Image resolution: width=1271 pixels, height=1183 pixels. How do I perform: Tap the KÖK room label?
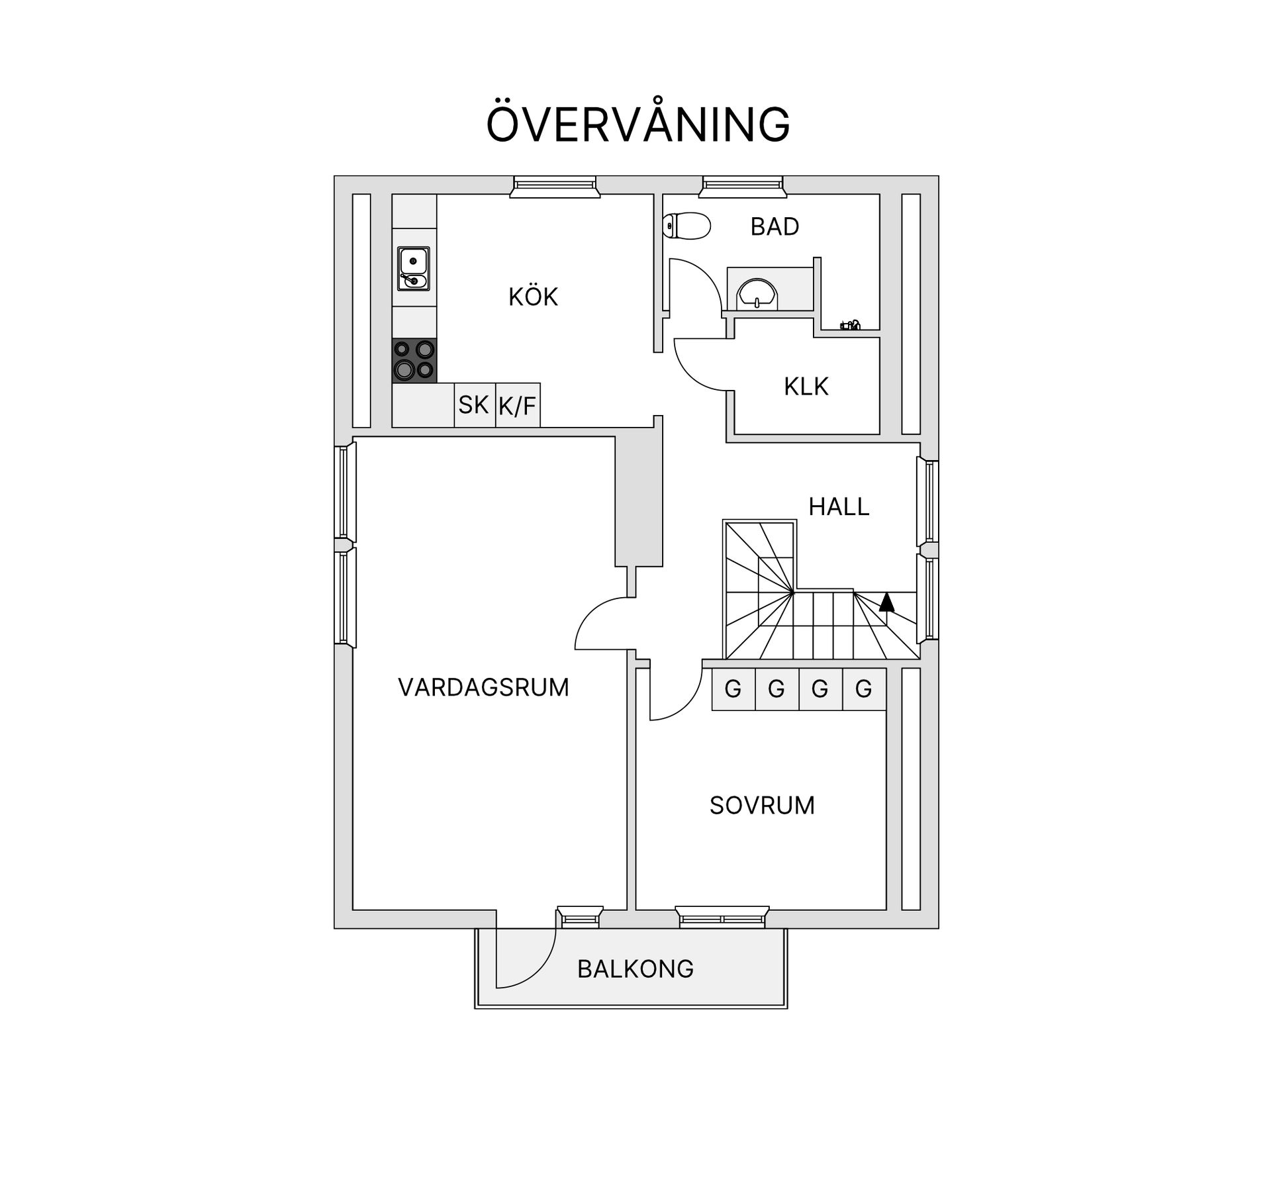point(533,297)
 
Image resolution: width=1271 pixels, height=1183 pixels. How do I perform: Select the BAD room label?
point(775,227)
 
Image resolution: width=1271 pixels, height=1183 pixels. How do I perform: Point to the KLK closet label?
point(806,387)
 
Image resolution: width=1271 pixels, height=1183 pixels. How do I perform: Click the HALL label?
point(839,507)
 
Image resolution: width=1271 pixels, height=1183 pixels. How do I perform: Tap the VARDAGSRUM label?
point(483,688)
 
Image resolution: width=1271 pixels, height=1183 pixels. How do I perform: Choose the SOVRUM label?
point(762,806)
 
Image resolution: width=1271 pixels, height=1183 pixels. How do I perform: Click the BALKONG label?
point(635,969)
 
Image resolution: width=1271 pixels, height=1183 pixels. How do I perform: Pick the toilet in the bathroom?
point(686,226)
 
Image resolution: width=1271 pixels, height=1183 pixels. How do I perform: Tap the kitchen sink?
point(414,268)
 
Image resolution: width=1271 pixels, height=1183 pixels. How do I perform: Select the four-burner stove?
point(414,361)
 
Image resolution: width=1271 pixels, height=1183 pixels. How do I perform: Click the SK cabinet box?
point(475,404)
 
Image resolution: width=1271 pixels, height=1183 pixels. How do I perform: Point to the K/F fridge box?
point(518,404)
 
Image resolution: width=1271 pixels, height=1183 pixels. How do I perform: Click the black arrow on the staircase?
point(886,602)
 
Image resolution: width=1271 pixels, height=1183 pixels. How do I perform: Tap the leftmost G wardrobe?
point(733,689)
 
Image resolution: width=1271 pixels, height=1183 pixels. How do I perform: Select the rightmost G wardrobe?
point(864,689)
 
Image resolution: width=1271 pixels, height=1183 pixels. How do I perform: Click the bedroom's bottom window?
point(722,917)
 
